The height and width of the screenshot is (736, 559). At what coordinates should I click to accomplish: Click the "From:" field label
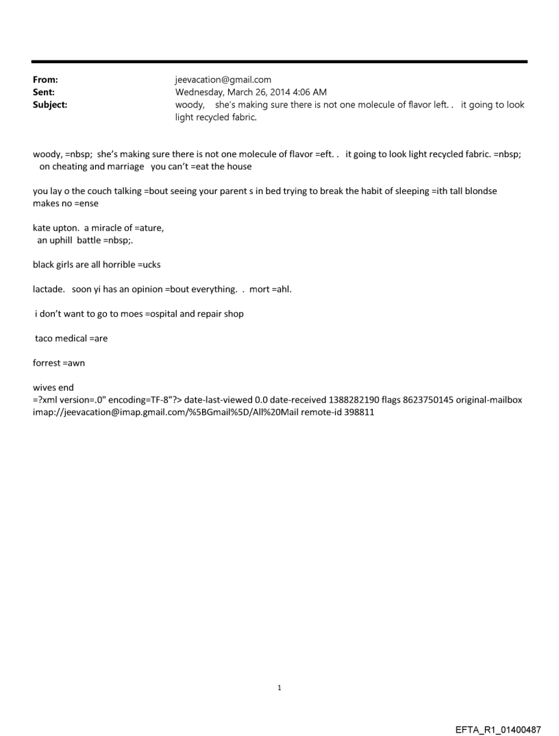45,80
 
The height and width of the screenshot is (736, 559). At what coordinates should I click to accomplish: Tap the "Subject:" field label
50,105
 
